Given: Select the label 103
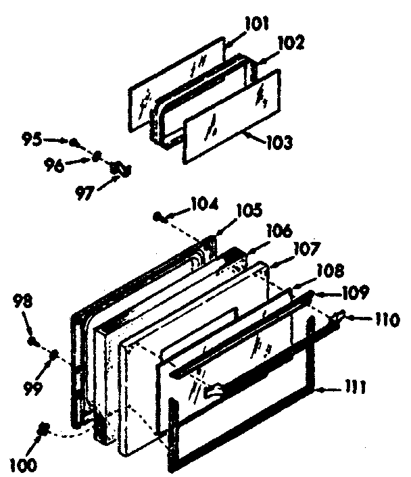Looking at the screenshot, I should point(279,143).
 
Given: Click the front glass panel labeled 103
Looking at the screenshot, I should point(230,118).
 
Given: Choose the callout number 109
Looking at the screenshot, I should point(354,293).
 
